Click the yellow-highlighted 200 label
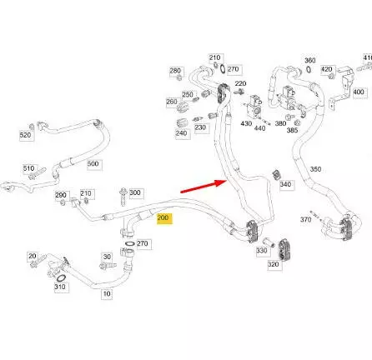coord(164,218)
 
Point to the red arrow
coord(204,186)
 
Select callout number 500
coord(94,164)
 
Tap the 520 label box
coord(27,136)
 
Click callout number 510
coord(30,168)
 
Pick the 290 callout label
coord(61,195)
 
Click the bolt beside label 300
coord(123,197)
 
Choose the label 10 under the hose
coord(107,294)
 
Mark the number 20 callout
coord(33,256)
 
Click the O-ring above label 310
coord(61,278)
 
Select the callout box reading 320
coord(274,264)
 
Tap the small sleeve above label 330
coord(269,242)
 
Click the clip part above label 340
coord(277,174)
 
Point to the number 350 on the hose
coord(315,169)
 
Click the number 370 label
coord(305,220)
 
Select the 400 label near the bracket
coord(359,92)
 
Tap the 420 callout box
coord(327,69)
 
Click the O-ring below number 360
coord(309,69)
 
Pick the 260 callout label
coord(172,102)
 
